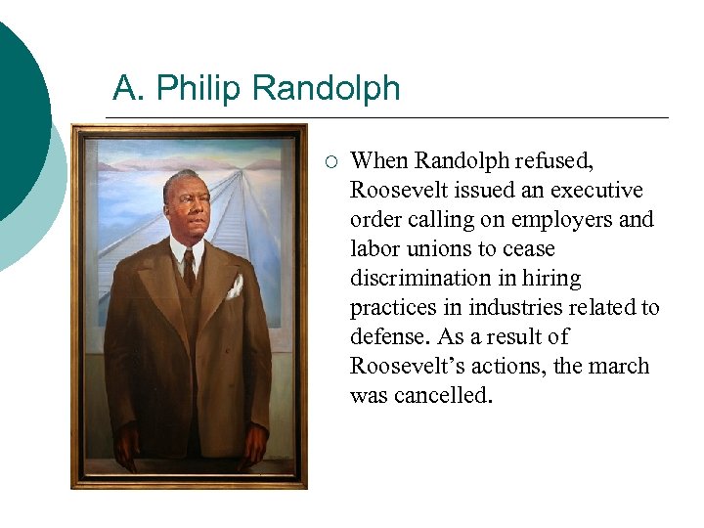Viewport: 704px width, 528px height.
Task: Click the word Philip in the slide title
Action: point(199,89)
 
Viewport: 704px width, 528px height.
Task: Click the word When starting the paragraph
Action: point(378,160)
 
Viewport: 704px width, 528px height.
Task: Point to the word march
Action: point(619,366)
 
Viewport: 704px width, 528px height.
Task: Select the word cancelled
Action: point(441,395)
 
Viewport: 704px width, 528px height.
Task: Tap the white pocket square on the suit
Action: point(235,286)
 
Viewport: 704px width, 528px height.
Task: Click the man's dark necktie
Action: point(189,269)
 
